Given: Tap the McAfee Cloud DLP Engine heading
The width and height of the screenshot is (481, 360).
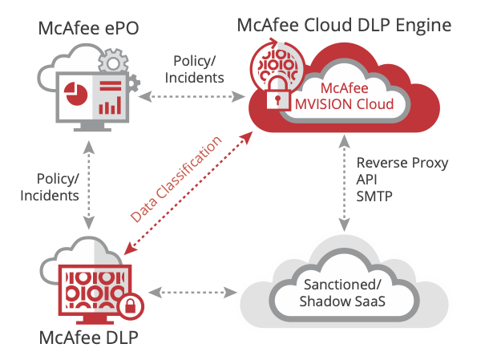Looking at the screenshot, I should pyautogui.click(x=344, y=24).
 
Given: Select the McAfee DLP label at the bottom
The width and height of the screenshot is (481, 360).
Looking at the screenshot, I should pyautogui.click(x=90, y=337).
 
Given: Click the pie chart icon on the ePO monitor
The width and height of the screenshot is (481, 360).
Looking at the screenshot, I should pyautogui.click(x=77, y=93).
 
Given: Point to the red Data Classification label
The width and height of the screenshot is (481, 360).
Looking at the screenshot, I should pyautogui.click(x=176, y=178).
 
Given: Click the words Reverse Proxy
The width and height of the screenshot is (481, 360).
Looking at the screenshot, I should pyautogui.click(x=402, y=164).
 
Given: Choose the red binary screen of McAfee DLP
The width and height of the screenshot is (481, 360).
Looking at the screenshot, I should pyautogui.click(x=90, y=287).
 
